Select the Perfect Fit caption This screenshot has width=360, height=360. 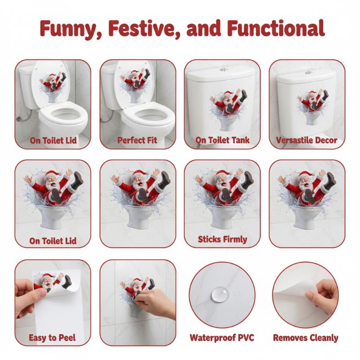tap(137, 140)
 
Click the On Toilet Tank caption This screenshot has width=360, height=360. tap(222, 140)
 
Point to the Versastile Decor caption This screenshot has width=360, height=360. tap(306, 140)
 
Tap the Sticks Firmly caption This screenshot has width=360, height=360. tap(222, 239)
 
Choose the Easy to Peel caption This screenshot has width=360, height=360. tap(52, 338)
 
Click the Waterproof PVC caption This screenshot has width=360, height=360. tap(222, 338)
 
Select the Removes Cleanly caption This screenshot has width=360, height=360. tap(306, 338)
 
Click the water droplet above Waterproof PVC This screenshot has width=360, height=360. tap(220, 294)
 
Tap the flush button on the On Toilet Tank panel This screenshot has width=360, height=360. tap(222, 69)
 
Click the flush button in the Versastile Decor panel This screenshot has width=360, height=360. tap(309, 73)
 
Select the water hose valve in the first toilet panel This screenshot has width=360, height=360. tap(18, 119)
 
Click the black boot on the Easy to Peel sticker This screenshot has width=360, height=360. tap(67, 282)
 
